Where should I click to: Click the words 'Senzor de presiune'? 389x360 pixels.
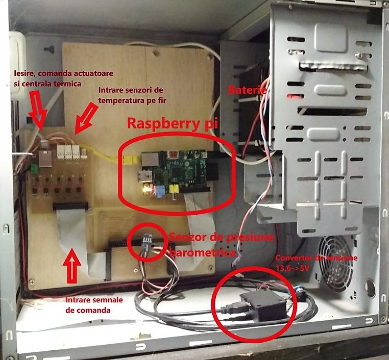coord(222,237)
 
